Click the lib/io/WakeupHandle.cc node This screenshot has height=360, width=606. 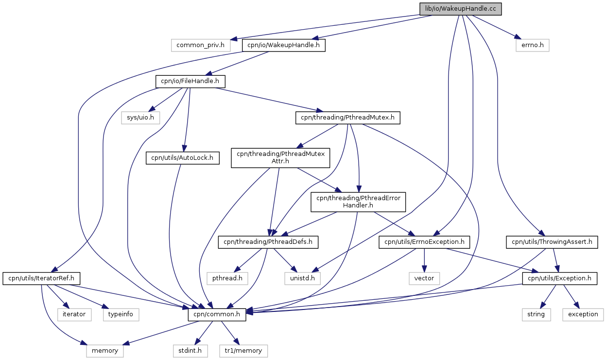[x=460, y=9]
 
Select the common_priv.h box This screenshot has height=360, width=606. [x=201, y=45]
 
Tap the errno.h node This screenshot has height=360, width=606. [x=533, y=45]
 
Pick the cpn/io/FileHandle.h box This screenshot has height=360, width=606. [x=190, y=82]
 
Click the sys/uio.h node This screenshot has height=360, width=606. [x=140, y=118]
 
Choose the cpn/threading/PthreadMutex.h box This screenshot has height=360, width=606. [x=347, y=118]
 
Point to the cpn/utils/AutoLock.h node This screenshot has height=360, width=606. [x=182, y=158]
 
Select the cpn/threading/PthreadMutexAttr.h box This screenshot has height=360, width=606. [x=280, y=158]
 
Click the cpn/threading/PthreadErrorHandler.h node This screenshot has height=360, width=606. [x=358, y=202]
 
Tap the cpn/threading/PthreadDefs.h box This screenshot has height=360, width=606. [x=268, y=242]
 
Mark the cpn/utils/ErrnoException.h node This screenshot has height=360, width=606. [x=424, y=242]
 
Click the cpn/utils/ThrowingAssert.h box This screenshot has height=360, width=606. [x=552, y=242]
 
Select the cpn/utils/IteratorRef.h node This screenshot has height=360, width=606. [x=41, y=278]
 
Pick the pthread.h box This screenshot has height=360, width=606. [x=227, y=278]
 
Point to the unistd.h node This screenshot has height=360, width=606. [x=302, y=278]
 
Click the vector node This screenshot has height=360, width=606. [x=424, y=278]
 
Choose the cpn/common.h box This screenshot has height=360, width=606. [x=217, y=314]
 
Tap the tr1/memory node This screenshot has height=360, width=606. [x=243, y=351]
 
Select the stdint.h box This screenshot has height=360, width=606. [x=190, y=351]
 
